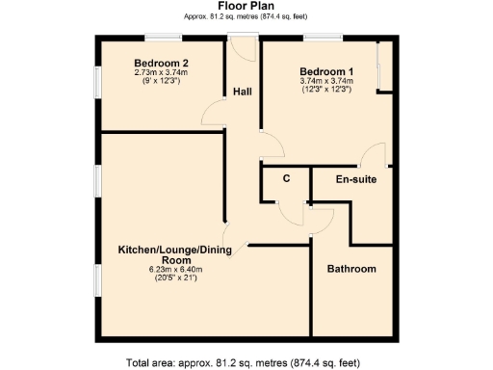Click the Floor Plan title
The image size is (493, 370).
tap(246, 6)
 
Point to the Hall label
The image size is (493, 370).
tap(242, 92)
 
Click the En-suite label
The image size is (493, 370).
tap(355, 179)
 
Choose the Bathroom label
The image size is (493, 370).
tap(351, 268)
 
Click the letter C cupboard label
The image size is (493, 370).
tap(286, 178)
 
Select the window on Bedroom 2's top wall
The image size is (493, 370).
tap(159, 38)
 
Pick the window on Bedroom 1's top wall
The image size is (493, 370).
tap(319, 38)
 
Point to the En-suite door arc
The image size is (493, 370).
tap(374, 154)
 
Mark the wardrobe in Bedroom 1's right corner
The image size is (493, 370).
tap(383, 67)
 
